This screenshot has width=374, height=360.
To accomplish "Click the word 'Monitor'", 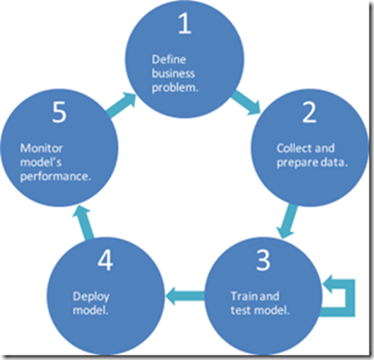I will pyautogui.click(x=38, y=147).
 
